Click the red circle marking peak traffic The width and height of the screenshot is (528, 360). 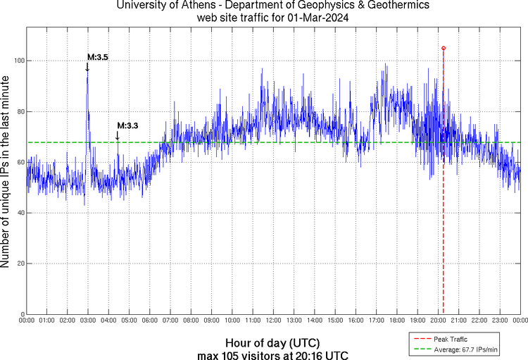(444, 48)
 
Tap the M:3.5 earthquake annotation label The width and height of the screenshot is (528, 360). (97, 57)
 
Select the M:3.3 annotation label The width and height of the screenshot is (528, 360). (127, 125)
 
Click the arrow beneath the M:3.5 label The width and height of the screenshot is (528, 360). (87, 67)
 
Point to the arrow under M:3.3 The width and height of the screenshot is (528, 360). (118, 137)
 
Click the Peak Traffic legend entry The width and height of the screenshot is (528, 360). (450, 339)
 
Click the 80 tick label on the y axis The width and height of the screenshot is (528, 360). (19, 111)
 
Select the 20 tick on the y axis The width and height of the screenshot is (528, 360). (19, 263)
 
